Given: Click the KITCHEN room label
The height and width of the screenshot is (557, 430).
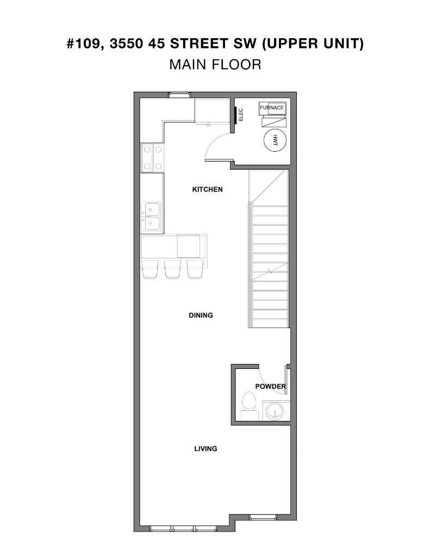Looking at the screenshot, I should pyautogui.click(x=207, y=190).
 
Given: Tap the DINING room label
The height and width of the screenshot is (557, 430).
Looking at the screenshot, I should pyautogui.click(x=201, y=315).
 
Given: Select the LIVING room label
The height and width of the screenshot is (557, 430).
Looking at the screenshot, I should pyautogui.click(x=205, y=449).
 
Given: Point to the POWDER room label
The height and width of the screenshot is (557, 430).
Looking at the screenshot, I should pyautogui.click(x=270, y=387).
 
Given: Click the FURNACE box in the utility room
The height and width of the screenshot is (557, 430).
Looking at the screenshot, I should pyautogui.click(x=272, y=108).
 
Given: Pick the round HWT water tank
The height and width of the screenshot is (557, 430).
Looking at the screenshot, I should pyautogui.click(x=275, y=139).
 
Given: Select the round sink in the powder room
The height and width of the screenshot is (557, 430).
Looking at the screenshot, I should pyautogui.click(x=276, y=411).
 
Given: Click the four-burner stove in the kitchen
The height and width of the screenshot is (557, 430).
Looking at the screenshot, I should pyautogui.click(x=152, y=158).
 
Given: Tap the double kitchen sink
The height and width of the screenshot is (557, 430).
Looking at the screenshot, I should pyautogui.click(x=151, y=216).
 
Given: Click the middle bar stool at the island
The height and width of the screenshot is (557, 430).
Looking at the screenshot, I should pyautogui.click(x=172, y=269).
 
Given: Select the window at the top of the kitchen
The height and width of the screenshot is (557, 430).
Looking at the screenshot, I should pyautogui.click(x=179, y=95).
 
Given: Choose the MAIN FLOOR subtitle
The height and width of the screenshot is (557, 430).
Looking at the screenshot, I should pyautogui.click(x=215, y=64).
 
